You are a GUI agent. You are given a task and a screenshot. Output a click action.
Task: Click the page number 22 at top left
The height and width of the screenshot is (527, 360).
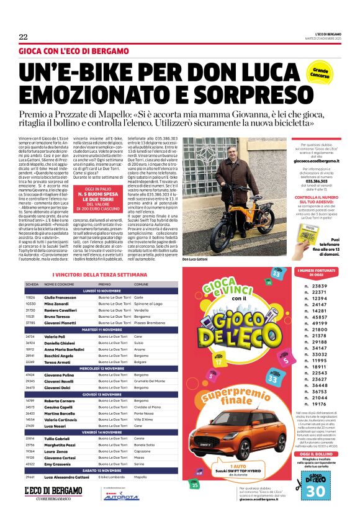pyautogui.click(x=22, y=36)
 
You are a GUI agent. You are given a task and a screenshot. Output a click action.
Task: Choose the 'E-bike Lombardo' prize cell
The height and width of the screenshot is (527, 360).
pyautogui.click(x=113, y=493)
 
